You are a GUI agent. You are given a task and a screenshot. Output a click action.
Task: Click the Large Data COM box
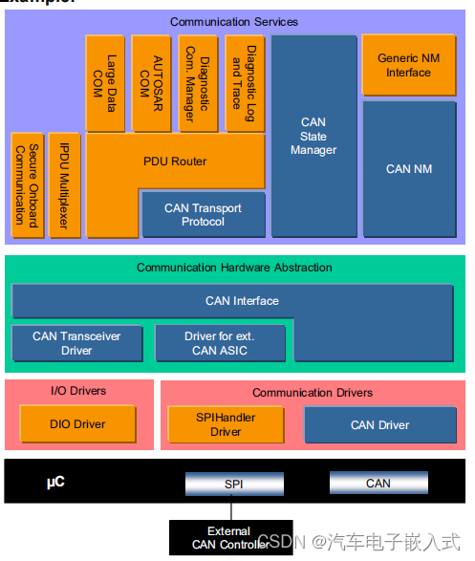tap(105, 84)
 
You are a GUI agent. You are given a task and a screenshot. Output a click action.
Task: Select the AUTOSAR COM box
tap(152, 84)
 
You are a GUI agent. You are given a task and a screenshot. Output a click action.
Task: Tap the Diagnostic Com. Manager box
tap(198, 84)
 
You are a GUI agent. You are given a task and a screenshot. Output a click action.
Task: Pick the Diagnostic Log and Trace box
tap(245, 84)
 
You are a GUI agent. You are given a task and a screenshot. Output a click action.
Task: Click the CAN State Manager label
tap(313, 136)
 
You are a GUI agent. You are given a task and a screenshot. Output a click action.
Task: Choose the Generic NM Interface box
tap(409, 65)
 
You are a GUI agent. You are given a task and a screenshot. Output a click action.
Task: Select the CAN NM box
tap(409, 169)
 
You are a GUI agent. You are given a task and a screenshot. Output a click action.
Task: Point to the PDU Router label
tap(176, 162)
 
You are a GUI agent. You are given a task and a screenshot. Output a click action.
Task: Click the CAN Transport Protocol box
tap(203, 215)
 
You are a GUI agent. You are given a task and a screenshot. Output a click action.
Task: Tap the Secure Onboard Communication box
tap(26, 185)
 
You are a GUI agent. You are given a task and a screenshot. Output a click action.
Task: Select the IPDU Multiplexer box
tap(64, 185)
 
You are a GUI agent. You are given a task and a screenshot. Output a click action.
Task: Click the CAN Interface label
tap(242, 301)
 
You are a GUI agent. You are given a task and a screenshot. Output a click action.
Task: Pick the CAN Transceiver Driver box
tap(76, 343)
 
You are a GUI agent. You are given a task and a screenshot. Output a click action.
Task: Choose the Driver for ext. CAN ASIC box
tap(220, 343)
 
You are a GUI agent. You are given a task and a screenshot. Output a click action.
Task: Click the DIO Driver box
tap(77, 424)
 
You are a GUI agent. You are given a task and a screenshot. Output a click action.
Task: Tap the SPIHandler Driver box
tap(226, 424)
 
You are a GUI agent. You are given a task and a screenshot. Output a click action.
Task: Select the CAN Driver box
tap(379, 425)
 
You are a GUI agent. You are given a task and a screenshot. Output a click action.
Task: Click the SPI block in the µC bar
tap(233, 484)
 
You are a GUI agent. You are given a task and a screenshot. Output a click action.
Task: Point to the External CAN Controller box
tap(228, 538)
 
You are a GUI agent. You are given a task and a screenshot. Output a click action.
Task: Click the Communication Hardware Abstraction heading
tap(234, 268)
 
